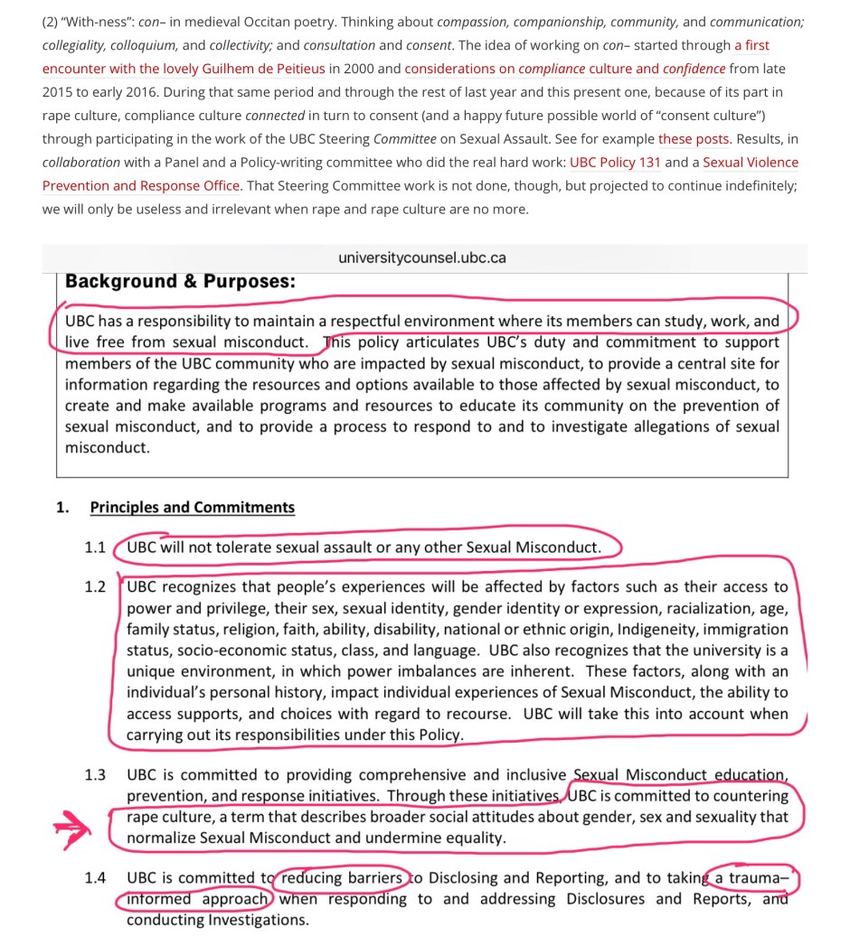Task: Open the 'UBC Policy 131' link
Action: [x=615, y=163]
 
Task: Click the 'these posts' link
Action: [x=694, y=139]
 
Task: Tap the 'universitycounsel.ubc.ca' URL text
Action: [x=422, y=257]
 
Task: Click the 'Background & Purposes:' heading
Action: [x=180, y=281]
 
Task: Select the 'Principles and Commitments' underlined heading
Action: [x=193, y=508]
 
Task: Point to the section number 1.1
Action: [x=95, y=548]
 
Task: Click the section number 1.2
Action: [x=95, y=587]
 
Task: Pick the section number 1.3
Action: [x=95, y=775]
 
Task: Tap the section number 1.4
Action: [x=95, y=878]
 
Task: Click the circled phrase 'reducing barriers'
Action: [x=341, y=878]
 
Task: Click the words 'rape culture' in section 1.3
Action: [x=149, y=817]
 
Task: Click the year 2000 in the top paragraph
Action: [x=367, y=69]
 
